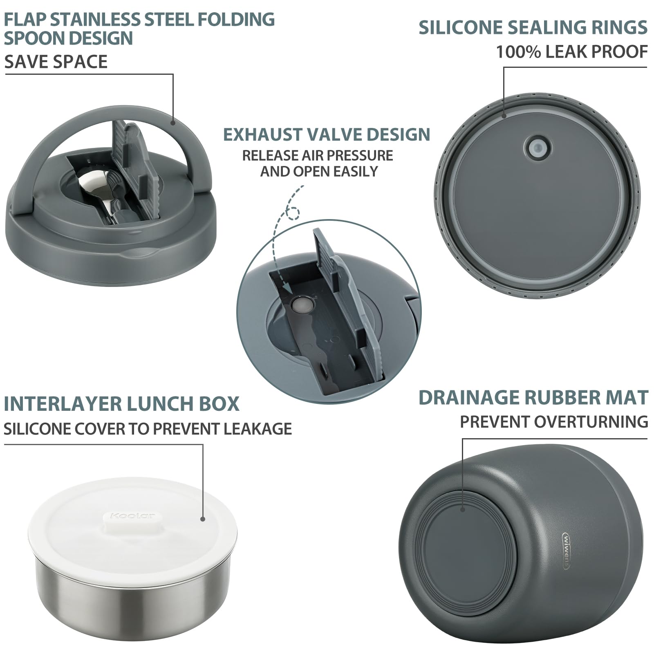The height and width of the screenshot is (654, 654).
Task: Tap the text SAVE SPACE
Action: point(56,62)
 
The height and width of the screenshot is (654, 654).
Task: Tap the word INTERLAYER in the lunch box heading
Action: point(63,404)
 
